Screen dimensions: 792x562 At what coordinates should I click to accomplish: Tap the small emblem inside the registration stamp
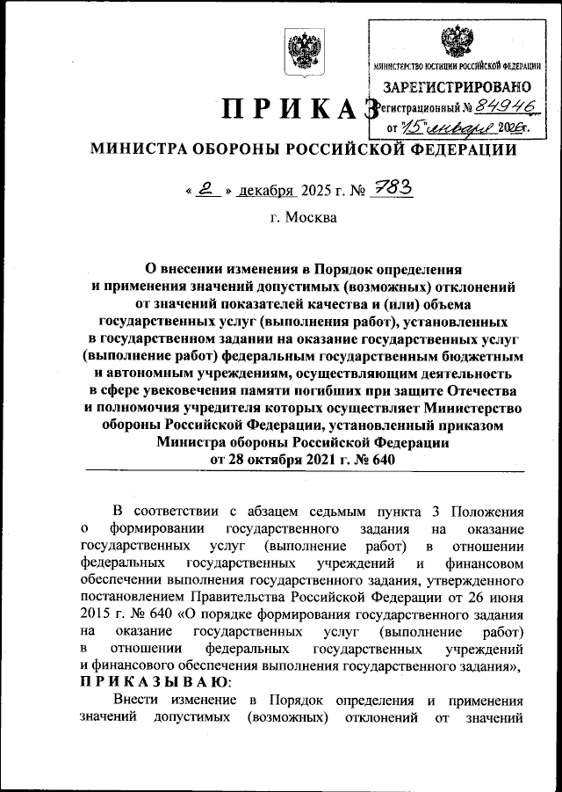[x=455, y=41]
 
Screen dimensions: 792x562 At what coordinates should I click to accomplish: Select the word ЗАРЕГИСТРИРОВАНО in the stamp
[x=456, y=87]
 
